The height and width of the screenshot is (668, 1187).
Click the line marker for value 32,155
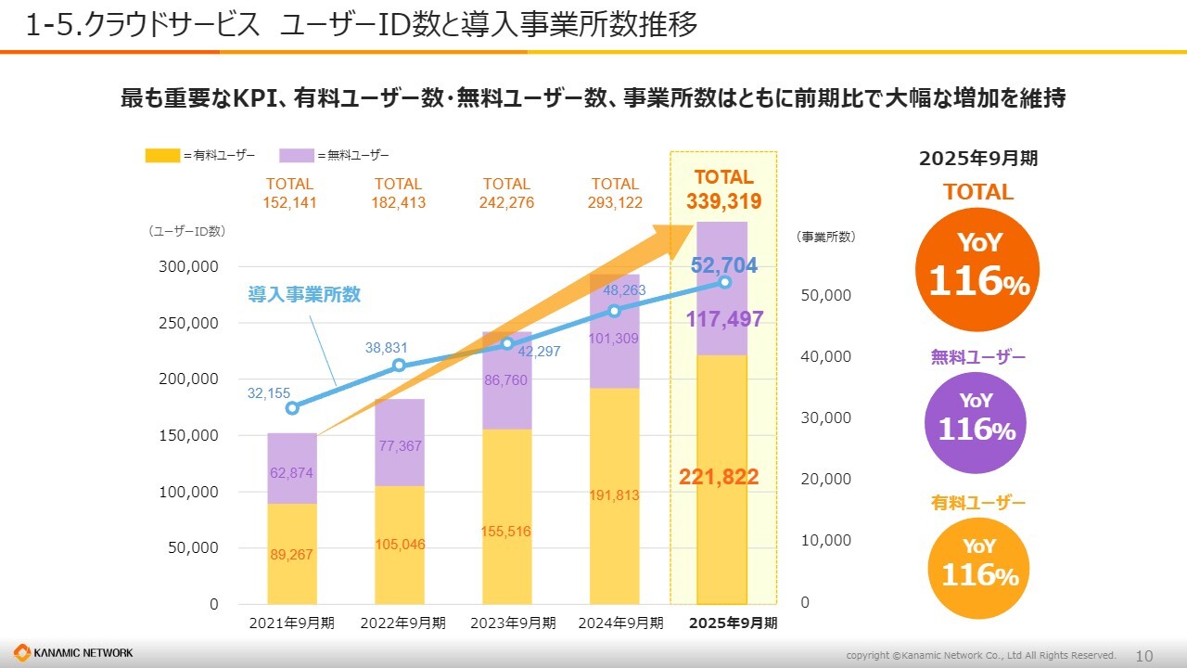point(292,408)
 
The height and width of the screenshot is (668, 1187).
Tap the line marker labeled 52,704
point(725,282)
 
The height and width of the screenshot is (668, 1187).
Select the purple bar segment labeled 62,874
point(292,469)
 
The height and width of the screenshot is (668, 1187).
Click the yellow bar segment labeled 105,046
point(400,545)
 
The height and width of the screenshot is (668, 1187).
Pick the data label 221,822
point(719,478)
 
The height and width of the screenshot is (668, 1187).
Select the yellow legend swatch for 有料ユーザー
point(162,155)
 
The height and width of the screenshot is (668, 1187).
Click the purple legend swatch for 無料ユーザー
point(296,155)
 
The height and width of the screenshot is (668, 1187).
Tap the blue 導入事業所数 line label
point(304,295)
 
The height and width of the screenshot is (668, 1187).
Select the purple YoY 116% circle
point(976,422)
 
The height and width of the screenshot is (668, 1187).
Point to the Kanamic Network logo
point(74,653)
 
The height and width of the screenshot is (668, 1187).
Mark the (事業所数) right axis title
point(825,238)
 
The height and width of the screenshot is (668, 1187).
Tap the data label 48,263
point(624,290)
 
